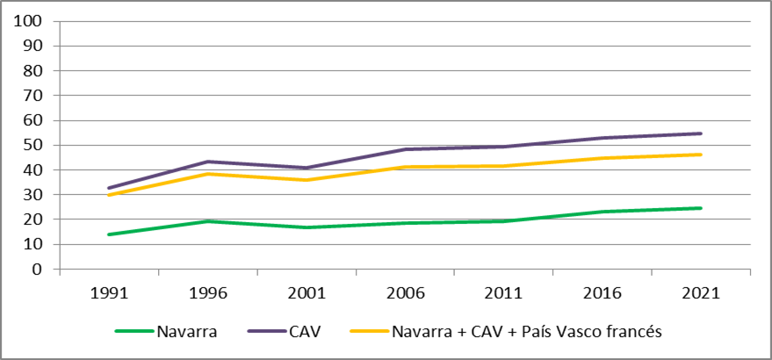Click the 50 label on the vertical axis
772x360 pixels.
coord(34,145)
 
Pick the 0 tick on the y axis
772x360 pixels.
coord(40,270)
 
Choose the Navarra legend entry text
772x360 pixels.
coord(187,331)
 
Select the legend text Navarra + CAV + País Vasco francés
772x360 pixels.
coord(526,331)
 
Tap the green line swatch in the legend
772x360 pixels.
coord(133,331)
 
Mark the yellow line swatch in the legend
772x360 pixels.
coord(369,331)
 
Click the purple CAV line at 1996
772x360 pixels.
coord(207,162)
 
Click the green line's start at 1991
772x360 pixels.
coord(109,234)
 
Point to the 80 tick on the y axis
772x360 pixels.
coord(34,70)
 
